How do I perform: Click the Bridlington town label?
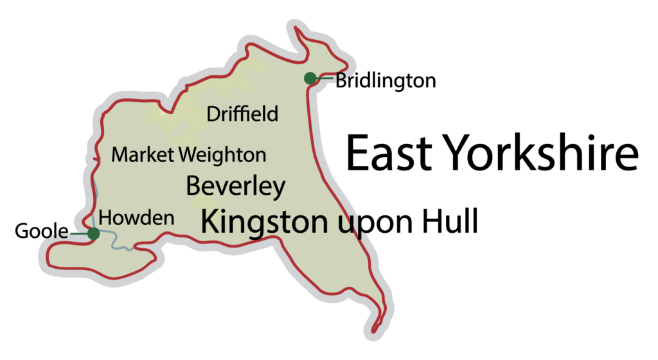click(x=386, y=81)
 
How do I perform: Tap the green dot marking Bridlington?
click(x=310, y=78)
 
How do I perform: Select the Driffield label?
click(x=242, y=114)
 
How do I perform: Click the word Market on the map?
click(x=143, y=155)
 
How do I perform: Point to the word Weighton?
click(x=223, y=156)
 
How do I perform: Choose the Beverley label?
click(x=235, y=186)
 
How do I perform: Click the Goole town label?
click(x=42, y=231)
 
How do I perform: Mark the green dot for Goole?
click(x=93, y=234)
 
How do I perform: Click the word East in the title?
click(x=388, y=154)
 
